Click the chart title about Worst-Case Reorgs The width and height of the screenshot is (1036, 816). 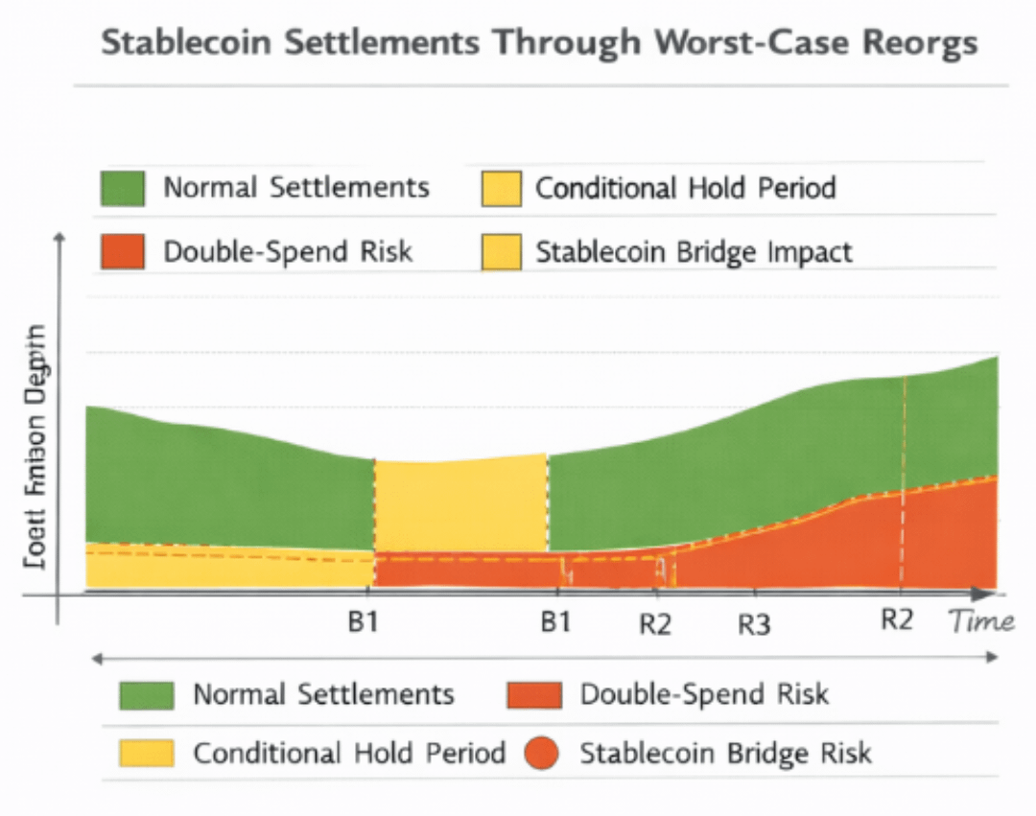pyautogui.click(x=539, y=43)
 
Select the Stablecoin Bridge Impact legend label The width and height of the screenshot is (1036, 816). pyautogui.click(x=694, y=252)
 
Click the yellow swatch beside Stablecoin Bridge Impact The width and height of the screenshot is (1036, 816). pyautogui.click(x=501, y=252)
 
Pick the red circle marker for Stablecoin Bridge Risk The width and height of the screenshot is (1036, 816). pyautogui.click(x=543, y=753)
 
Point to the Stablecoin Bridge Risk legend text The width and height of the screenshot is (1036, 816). pyautogui.click(x=725, y=753)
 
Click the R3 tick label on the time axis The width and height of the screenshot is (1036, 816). pyautogui.click(x=754, y=625)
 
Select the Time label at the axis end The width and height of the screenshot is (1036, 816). pyautogui.click(x=981, y=622)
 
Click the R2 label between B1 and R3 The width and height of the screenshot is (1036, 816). pyautogui.click(x=655, y=624)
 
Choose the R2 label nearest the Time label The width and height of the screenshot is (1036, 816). pyautogui.click(x=896, y=619)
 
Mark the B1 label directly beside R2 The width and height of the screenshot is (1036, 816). pyautogui.click(x=555, y=622)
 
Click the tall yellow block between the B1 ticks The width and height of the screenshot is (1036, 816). pyautogui.click(x=460, y=505)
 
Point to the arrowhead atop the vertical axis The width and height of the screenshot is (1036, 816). pyautogui.click(x=59, y=237)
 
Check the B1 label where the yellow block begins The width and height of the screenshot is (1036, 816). pyautogui.click(x=363, y=622)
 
